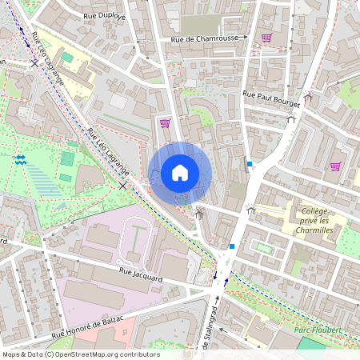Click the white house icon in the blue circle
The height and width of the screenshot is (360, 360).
click(x=180, y=172)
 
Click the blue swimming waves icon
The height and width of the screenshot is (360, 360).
click(x=20, y=160)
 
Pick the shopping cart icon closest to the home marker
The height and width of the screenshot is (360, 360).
click(x=165, y=123)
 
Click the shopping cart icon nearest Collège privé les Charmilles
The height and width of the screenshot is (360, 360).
click(x=335, y=166)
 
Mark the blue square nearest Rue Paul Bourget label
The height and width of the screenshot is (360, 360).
click(x=250, y=164)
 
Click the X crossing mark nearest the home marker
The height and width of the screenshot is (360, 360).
click(x=122, y=186)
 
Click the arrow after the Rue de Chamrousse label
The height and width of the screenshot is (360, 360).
click(x=246, y=38)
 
